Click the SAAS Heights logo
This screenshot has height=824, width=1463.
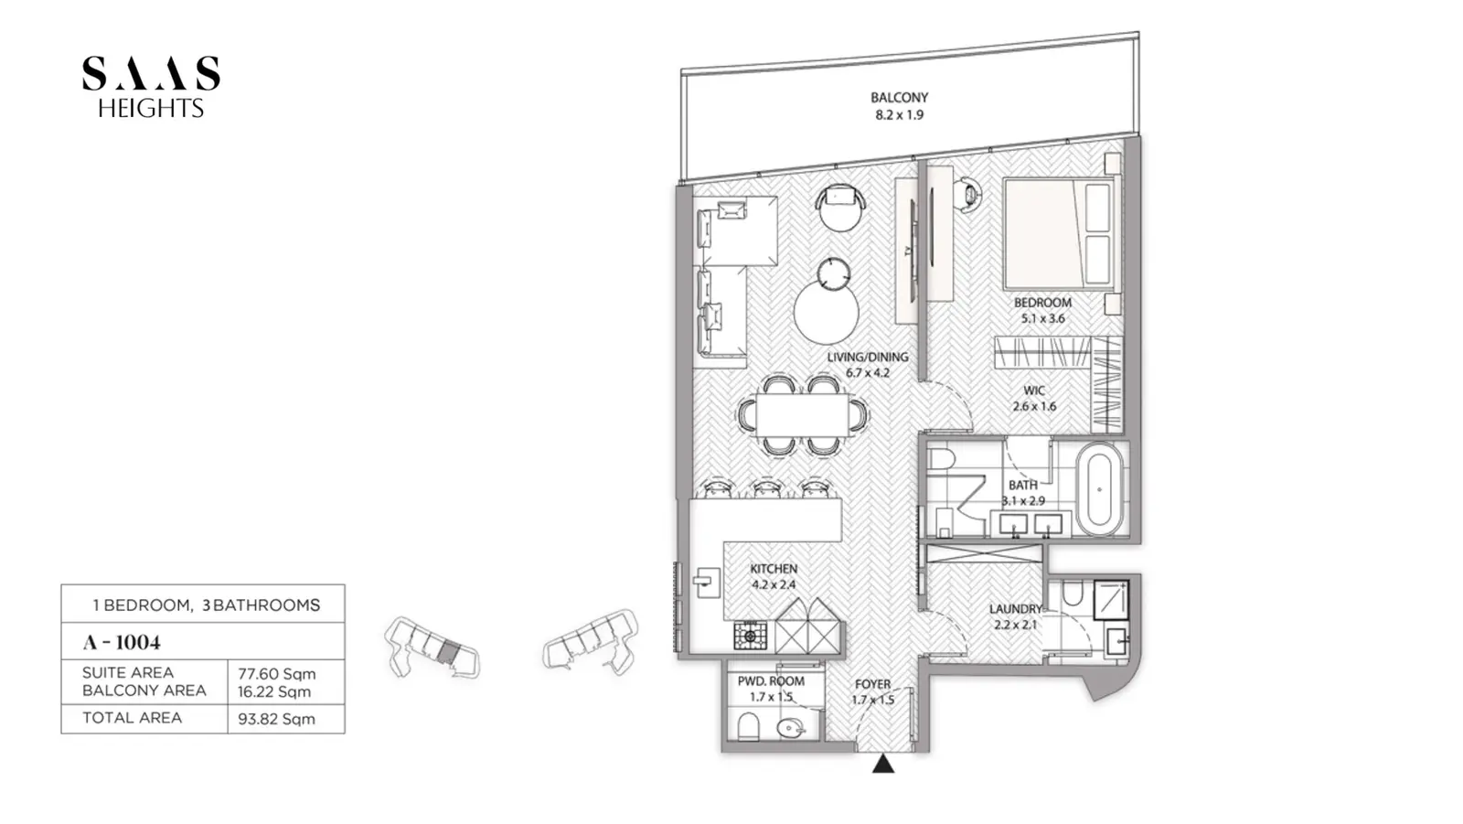[151, 86]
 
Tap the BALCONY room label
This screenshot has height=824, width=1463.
[899, 97]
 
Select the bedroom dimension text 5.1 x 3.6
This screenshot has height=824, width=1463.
[1043, 319]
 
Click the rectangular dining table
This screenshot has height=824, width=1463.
[803, 414]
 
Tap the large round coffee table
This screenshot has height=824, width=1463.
[827, 312]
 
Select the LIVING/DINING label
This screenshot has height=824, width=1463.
[868, 357]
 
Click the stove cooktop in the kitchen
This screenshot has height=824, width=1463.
[750, 636]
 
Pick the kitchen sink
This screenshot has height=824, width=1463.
[705, 583]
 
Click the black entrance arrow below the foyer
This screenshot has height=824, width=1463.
[883, 764]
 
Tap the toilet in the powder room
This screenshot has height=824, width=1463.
[748, 727]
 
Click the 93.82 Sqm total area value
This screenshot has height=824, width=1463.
[276, 719]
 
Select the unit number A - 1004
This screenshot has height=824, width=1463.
[122, 642]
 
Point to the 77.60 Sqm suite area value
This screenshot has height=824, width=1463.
[277, 674]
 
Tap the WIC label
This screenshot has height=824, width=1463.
[1034, 391]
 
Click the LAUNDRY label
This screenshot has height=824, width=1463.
[1015, 609]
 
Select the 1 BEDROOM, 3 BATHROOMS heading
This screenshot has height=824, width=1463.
[207, 605]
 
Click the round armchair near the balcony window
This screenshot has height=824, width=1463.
[840, 206]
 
